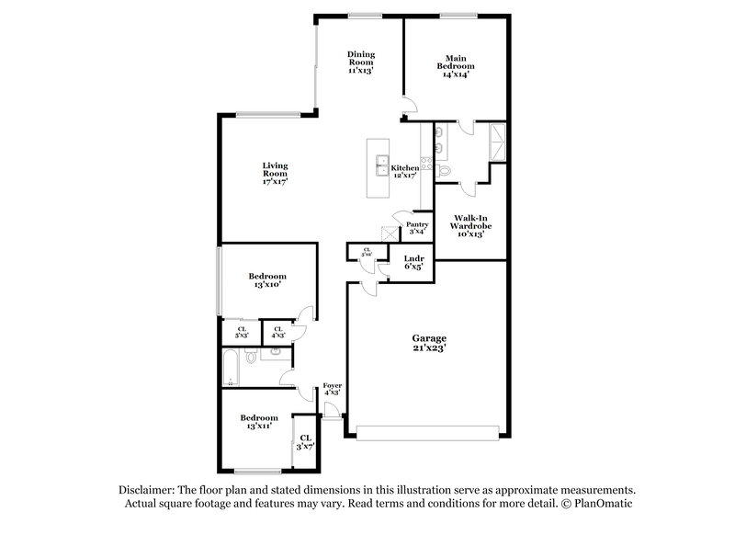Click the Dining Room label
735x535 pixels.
point(359,62)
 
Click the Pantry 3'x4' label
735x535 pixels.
point(417,227)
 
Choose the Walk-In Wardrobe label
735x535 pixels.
point(469,226)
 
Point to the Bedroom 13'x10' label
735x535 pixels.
point(267,280)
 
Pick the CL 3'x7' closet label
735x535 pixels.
point(305,441)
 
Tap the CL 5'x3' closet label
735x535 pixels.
point(242,332)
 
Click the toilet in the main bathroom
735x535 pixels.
point(444,171)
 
